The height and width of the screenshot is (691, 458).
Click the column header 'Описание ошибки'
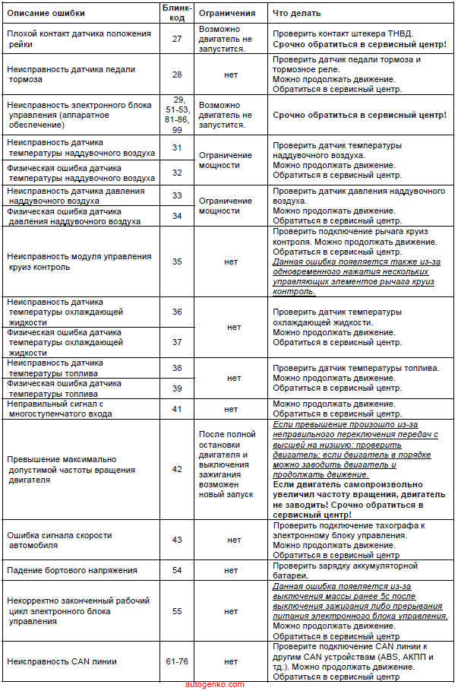coord(46,13)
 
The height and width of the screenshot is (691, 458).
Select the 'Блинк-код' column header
coord(177,12)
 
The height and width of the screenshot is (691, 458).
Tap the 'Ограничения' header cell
coord(227,13)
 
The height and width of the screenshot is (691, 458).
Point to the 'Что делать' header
coord(297,13)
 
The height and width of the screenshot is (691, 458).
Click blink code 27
coord(177,38)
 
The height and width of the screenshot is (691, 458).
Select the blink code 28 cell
coord(177,75)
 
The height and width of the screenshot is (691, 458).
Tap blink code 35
coord(177,262)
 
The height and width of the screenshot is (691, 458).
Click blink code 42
coord(177,469)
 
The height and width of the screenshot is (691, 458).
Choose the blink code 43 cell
coord(177,540)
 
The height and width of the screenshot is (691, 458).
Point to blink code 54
coord(177,570)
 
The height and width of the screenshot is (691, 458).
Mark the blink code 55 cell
coord(177,610)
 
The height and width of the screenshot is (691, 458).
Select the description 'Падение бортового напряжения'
coord(72,570)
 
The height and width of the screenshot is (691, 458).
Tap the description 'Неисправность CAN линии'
coord(62,661)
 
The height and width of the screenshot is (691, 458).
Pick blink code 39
coord(177,388)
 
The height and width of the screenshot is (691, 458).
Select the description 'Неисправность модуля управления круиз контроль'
coord(79,262)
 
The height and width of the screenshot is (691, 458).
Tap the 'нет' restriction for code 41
coord(231,409)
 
